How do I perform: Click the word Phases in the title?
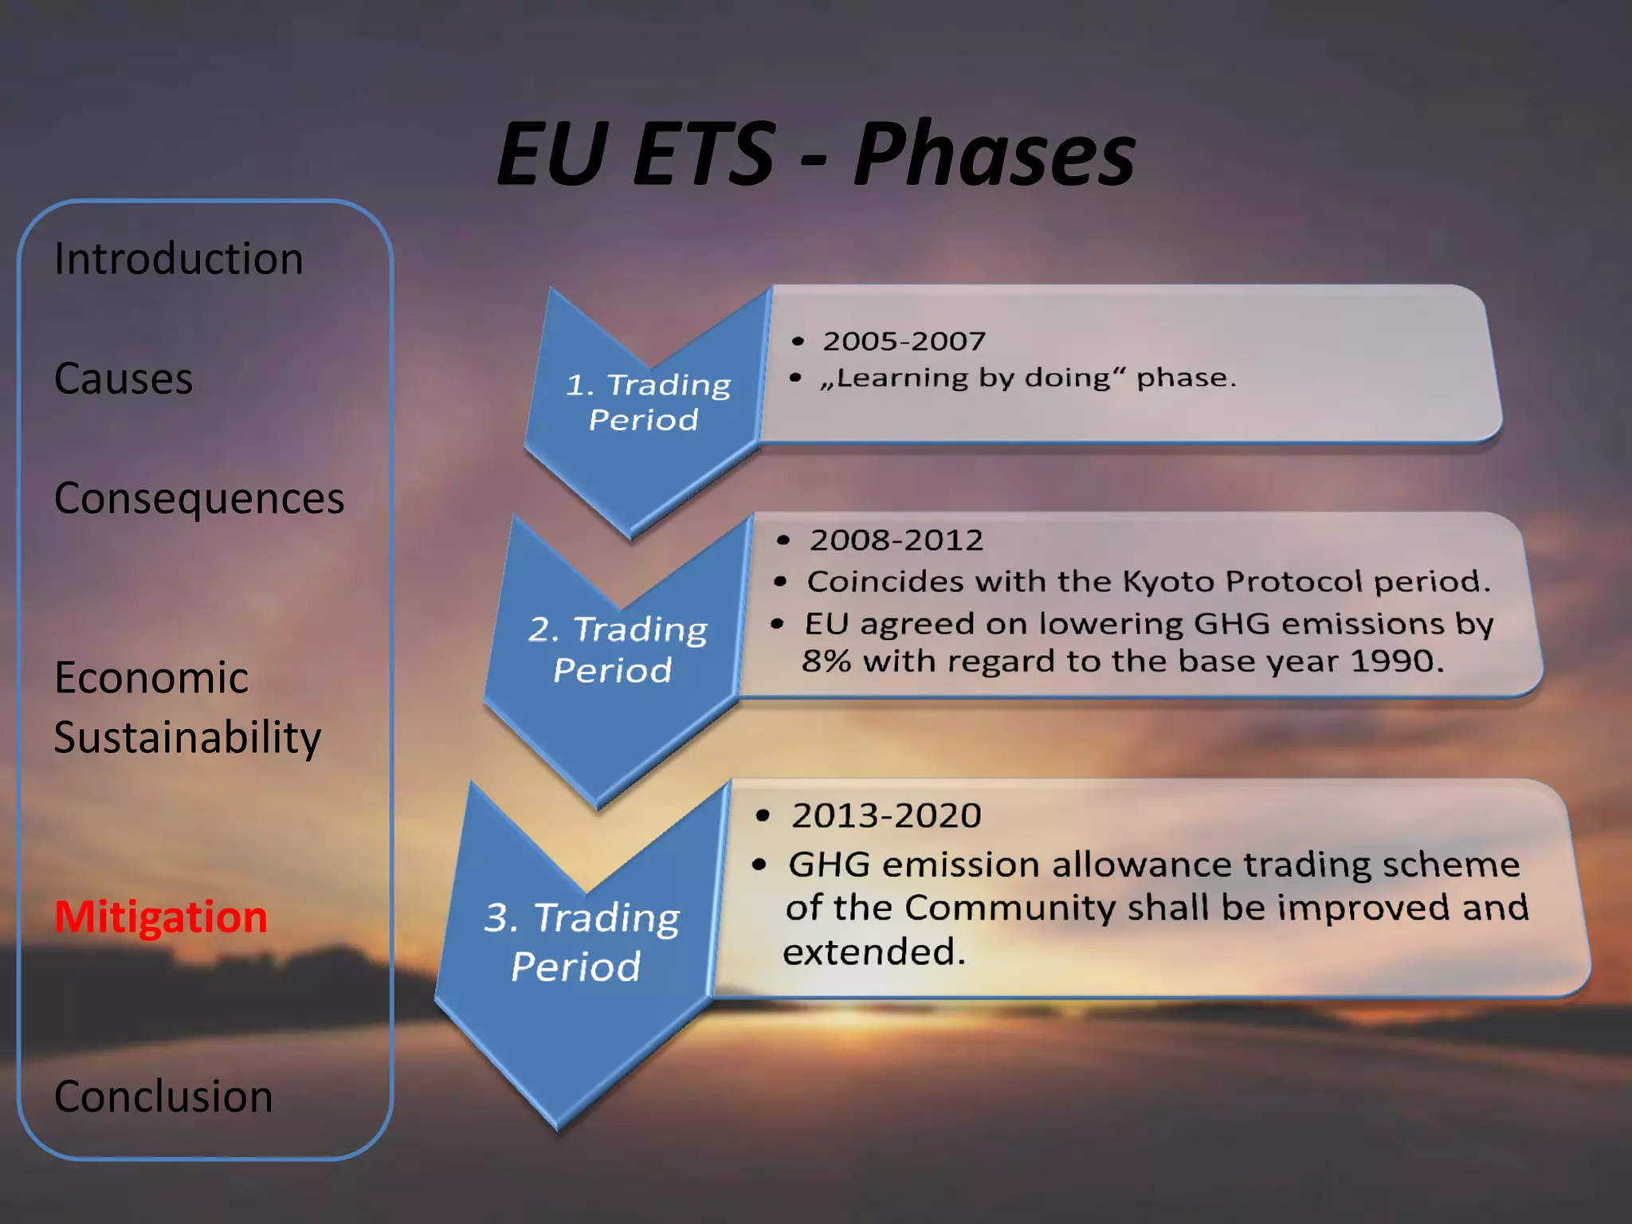994,155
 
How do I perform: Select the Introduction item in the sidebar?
178,259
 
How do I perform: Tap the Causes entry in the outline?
124,378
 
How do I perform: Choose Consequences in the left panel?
199,499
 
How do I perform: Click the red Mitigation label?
160,916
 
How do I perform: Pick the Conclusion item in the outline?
163,1096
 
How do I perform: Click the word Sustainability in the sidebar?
187,737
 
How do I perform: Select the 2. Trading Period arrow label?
615,649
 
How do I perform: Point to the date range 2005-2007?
904,341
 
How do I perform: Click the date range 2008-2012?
896,540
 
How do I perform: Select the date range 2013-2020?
885,815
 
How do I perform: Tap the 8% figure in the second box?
826,661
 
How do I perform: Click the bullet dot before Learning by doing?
795,378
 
